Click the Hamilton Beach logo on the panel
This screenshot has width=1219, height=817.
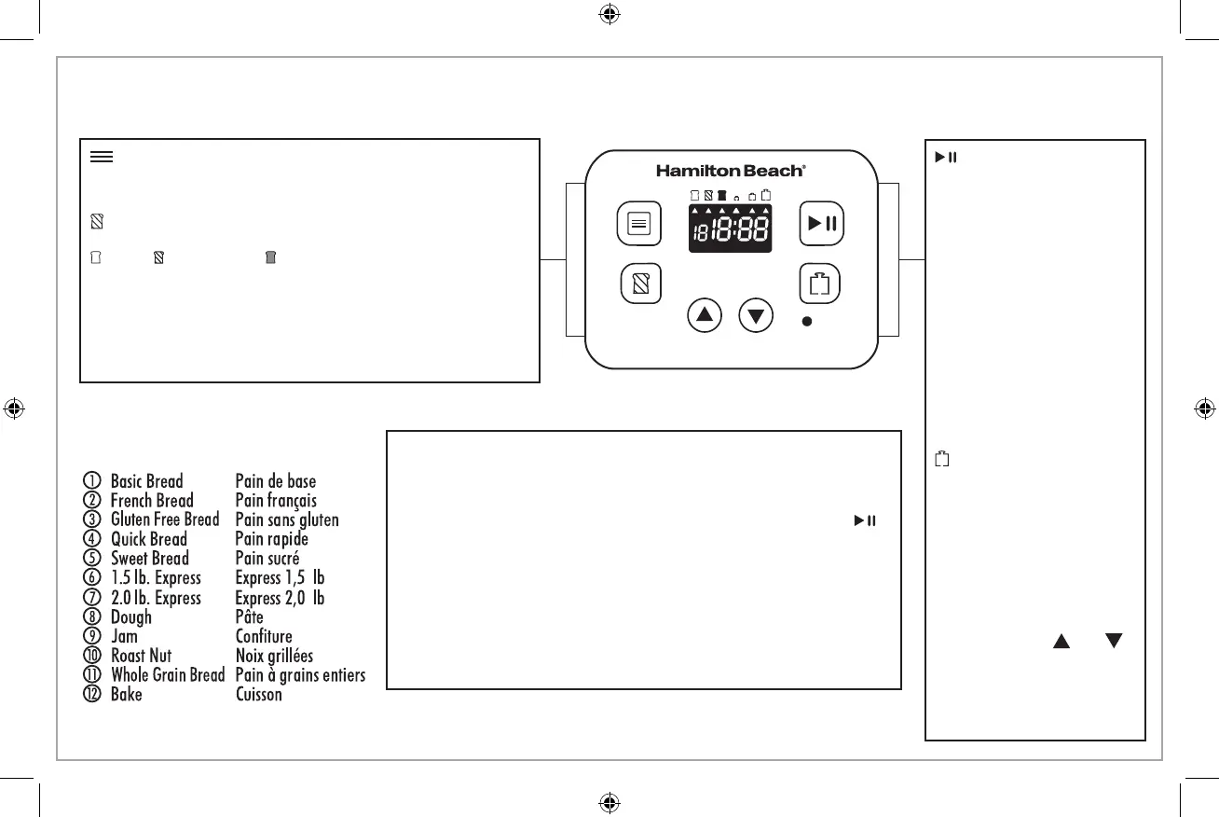pyautogui.click(x=731, y=171)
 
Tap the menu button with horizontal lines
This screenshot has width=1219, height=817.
pyautogui.click(x=639, y=224)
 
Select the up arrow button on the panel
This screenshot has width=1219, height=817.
pyautogui.click(x=705, y=315)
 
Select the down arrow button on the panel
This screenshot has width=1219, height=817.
pyautogui.click(x=756, y=315)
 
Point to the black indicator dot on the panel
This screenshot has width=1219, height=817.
pyautogui.click(x=807, y=321)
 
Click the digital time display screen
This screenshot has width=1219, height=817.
pyautogui.click(x=730, y=228)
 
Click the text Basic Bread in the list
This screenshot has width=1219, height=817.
pyautogui.click(x=146, y=481)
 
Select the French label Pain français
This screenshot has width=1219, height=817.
pyautogui.click(x=276, y=501)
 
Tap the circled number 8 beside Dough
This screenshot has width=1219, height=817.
pyautogui.click(x=91, y=617)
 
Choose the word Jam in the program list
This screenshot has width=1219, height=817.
pyautogui.click(x=124, y=636)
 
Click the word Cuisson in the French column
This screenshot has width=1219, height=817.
pyautogui.click(x=258, y=694)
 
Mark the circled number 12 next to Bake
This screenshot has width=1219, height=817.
pyautogui.click(x=91, y=694)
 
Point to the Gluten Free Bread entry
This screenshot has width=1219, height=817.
pyautogui.click(x=165, y=519)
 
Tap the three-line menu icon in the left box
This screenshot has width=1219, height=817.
pyautogui.click(x=102, y=157)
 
